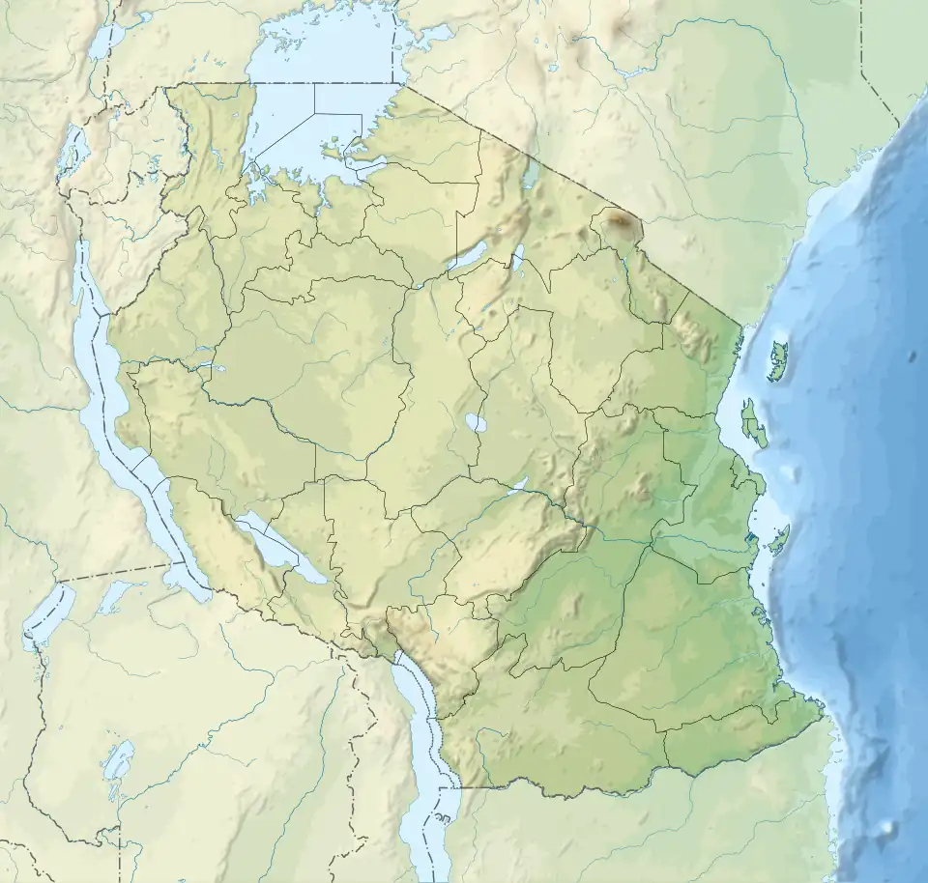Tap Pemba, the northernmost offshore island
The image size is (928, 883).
point(777,360)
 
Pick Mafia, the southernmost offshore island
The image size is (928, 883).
point(780,540)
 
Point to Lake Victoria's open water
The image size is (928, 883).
point(290,126)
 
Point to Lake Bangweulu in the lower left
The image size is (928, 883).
point(118,763)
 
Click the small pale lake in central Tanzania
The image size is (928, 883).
point(476,422)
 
